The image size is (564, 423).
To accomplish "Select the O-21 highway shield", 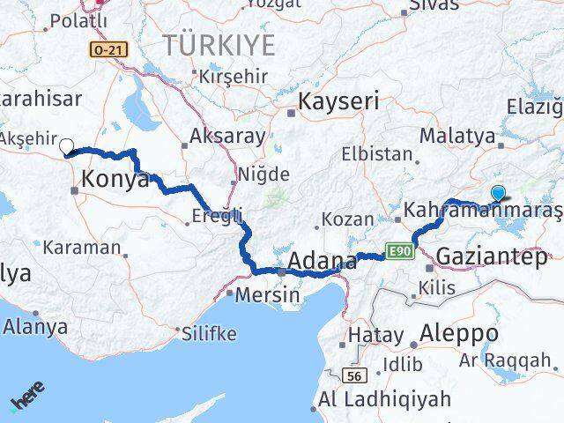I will point(107,51).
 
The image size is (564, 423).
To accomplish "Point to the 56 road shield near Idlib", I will point(353,376).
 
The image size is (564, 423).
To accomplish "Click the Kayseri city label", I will point(339,101).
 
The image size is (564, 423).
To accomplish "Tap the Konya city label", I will point(115,180).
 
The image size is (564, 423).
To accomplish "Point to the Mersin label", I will point(270,295).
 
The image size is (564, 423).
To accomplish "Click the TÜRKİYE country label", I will point(217,45).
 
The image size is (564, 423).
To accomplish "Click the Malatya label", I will point(456,136).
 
